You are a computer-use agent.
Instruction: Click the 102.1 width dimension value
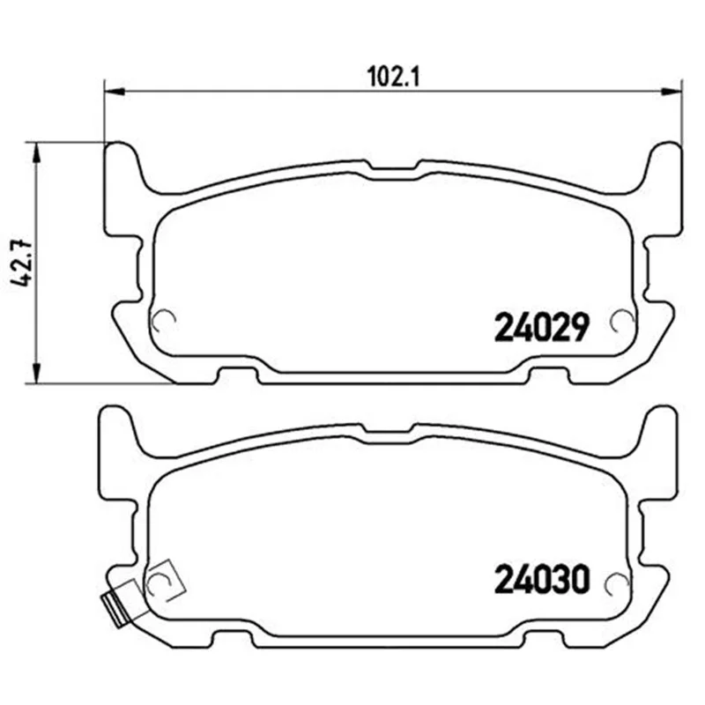[x=393, y=77]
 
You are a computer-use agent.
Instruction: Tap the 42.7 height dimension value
[x=21, y=263]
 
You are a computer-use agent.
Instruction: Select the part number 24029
[x=541, y=327]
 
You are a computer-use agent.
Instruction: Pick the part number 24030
[x=541, y=579]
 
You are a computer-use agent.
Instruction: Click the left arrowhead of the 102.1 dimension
[x=114, y=93]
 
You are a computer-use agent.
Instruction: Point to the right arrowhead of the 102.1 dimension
[x=672, y=93]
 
